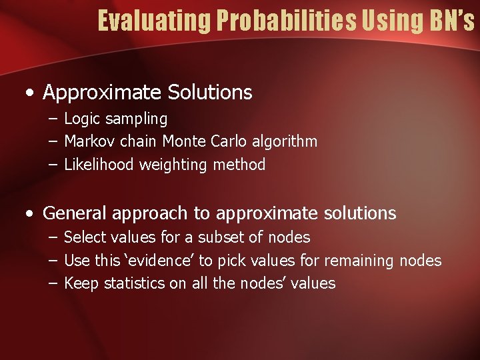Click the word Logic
81,119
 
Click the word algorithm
285,141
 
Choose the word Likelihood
99,165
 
